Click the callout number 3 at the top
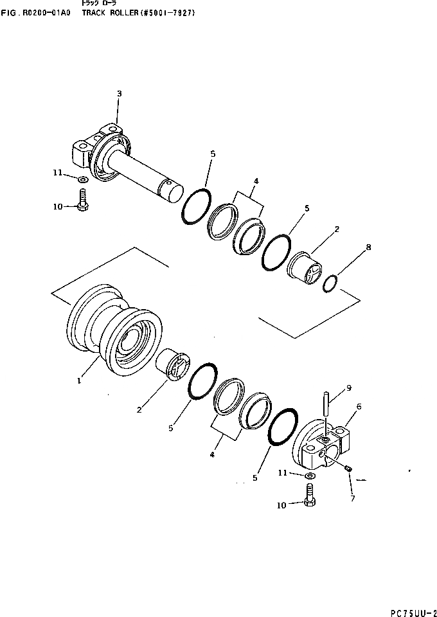pos(119,94)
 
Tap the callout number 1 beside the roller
pos(78,380)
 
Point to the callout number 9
pos(349,388)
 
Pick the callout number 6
pos(359,407)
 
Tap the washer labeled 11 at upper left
pos(84,178)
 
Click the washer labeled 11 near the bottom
pos(310,476)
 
